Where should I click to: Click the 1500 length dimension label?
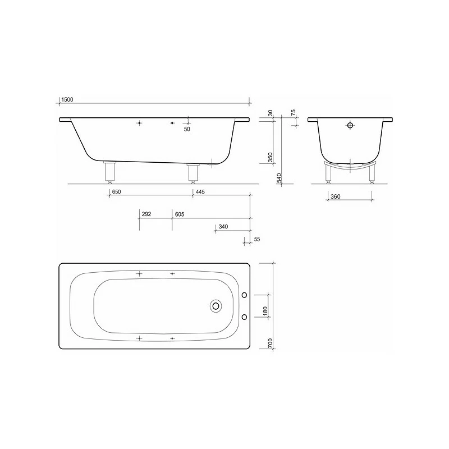tap(67, 99)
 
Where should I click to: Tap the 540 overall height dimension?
tap(279, 178)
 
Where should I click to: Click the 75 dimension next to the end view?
tap(293, 113)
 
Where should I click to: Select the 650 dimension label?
tap(116, 193)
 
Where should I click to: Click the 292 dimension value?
tap(146, 214)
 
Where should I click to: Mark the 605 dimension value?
tap(180, 214)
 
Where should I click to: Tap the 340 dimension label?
tap(223, 227)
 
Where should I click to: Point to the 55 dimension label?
tap(257, 240)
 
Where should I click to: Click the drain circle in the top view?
tap(216, 306)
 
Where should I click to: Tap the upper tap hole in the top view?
tap(244, 295)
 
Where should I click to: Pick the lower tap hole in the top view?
tap(244, 317)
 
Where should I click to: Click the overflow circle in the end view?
tap(350, 126)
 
